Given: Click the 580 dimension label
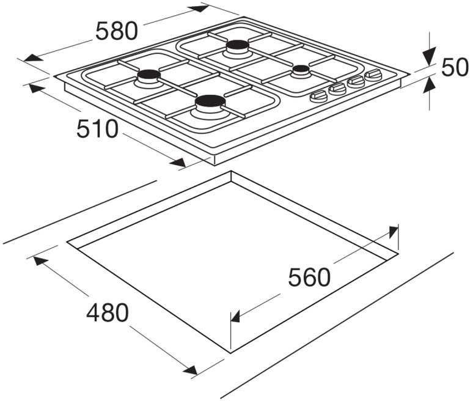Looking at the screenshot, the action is tap(117, 31).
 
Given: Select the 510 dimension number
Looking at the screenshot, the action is tap(97, 128).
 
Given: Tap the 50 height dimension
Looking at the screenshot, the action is tap(455, 67).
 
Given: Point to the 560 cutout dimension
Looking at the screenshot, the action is tap(309, 277).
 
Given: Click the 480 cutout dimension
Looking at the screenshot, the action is tap(108, 312).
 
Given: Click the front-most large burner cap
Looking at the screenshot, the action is tap(210, 101).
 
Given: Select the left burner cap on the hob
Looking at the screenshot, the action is tap(148, 75).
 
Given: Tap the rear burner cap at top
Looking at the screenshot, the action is tap(238, 45).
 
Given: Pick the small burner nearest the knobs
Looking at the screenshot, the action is tap(301, 70).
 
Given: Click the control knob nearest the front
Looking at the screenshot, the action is tap(318, 97).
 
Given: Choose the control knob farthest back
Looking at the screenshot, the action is tap(373, 75).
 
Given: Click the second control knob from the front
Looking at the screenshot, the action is tap(337, 89).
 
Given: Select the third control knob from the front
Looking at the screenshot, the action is tap(356, 81).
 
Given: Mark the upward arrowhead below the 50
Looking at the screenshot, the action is tap(430, 84).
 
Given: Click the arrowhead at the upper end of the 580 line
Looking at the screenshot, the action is tap(199, 8).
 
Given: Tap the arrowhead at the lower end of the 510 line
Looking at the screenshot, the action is tap(178, 163).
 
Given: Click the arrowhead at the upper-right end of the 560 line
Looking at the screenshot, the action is tap(393, 232).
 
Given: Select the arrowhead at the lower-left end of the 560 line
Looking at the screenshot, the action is tap(235, 317).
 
